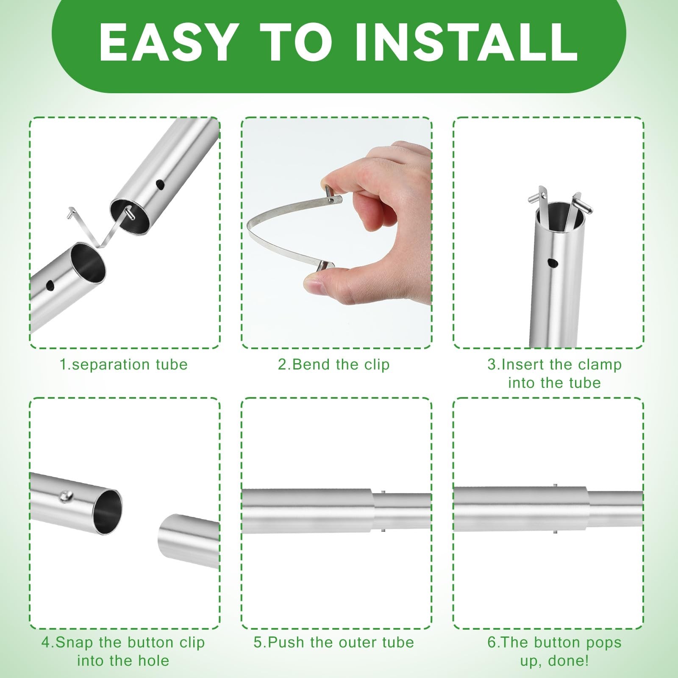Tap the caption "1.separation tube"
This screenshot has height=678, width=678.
pyautogui.click(x=123, y=364)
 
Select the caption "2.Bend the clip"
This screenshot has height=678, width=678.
pyautogui.click(x=333, y=364)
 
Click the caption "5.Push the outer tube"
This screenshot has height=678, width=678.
pyautogui.click(x=334, y=642)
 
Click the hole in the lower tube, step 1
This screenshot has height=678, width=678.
pyautogui.click(x=50, y=285)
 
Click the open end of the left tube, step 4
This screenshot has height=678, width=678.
pyautogui.click(x=106, y=511)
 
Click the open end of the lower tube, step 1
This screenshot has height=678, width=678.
pyautogui.click(x=88, y=262)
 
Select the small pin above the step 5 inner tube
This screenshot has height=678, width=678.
pyautogui.click(x=383, y=492)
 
